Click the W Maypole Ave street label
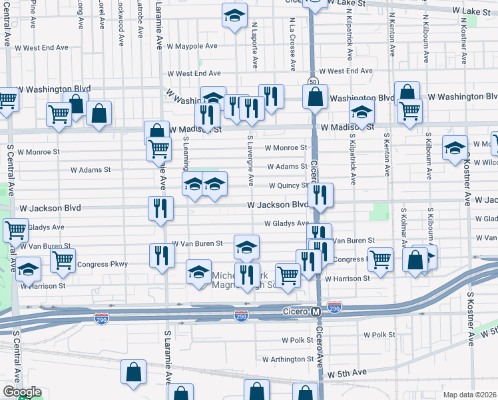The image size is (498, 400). tap(192, 47)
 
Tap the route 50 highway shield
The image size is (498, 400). tap(312, 82)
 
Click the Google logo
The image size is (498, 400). tap(21, 392)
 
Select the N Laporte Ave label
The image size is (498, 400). tap(254, 44)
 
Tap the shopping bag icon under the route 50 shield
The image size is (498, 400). tap(315, 97)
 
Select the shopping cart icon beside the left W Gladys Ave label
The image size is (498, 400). tap(15, 231)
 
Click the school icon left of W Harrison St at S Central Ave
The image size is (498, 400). tap(29, 269)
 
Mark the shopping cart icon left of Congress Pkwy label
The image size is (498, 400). tap(63, 259)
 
